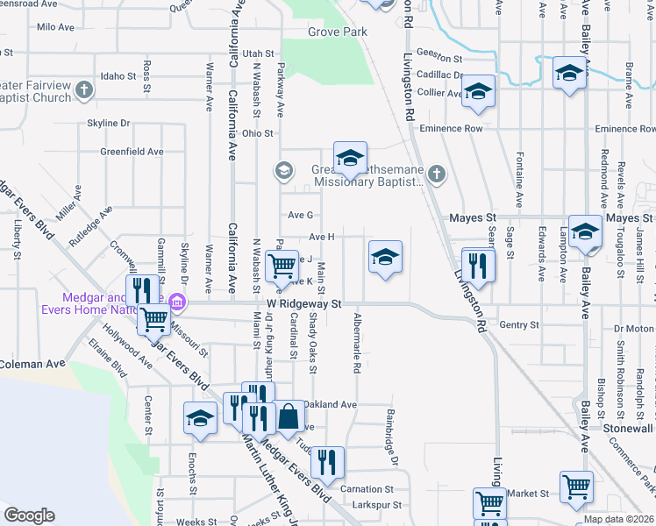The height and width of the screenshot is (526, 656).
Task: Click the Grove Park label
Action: pos(337,32)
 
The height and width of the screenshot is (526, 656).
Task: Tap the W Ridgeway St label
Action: pos(303,303)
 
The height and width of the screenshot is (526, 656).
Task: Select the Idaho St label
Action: pos(118,76)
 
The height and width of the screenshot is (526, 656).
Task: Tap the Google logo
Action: pos(29,515)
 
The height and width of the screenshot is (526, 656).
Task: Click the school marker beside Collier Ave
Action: pos(479,90)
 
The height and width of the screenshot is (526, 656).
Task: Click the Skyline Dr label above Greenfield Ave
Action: pos(108,123)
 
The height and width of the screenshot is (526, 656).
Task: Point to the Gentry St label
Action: pos(518,325)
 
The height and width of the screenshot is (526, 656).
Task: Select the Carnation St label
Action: pos(367,489)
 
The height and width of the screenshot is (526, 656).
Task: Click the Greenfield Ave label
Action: pos(132,151)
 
